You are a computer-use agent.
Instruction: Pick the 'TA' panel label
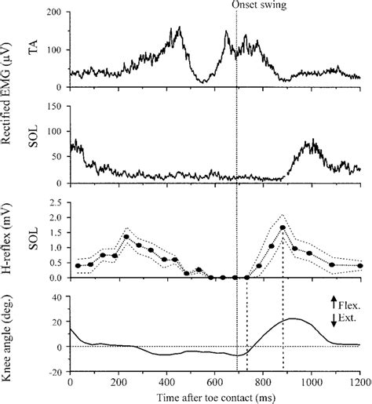(x=31, y=48)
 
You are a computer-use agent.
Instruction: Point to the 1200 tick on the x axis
(x=360, y=380)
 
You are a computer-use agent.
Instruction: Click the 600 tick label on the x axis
(x=215, y=380)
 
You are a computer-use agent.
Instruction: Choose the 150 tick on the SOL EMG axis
(x=55, y=104)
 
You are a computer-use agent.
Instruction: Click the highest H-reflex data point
(x=283, y=227)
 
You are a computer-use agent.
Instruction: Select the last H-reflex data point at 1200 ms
(x=360, y=266)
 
